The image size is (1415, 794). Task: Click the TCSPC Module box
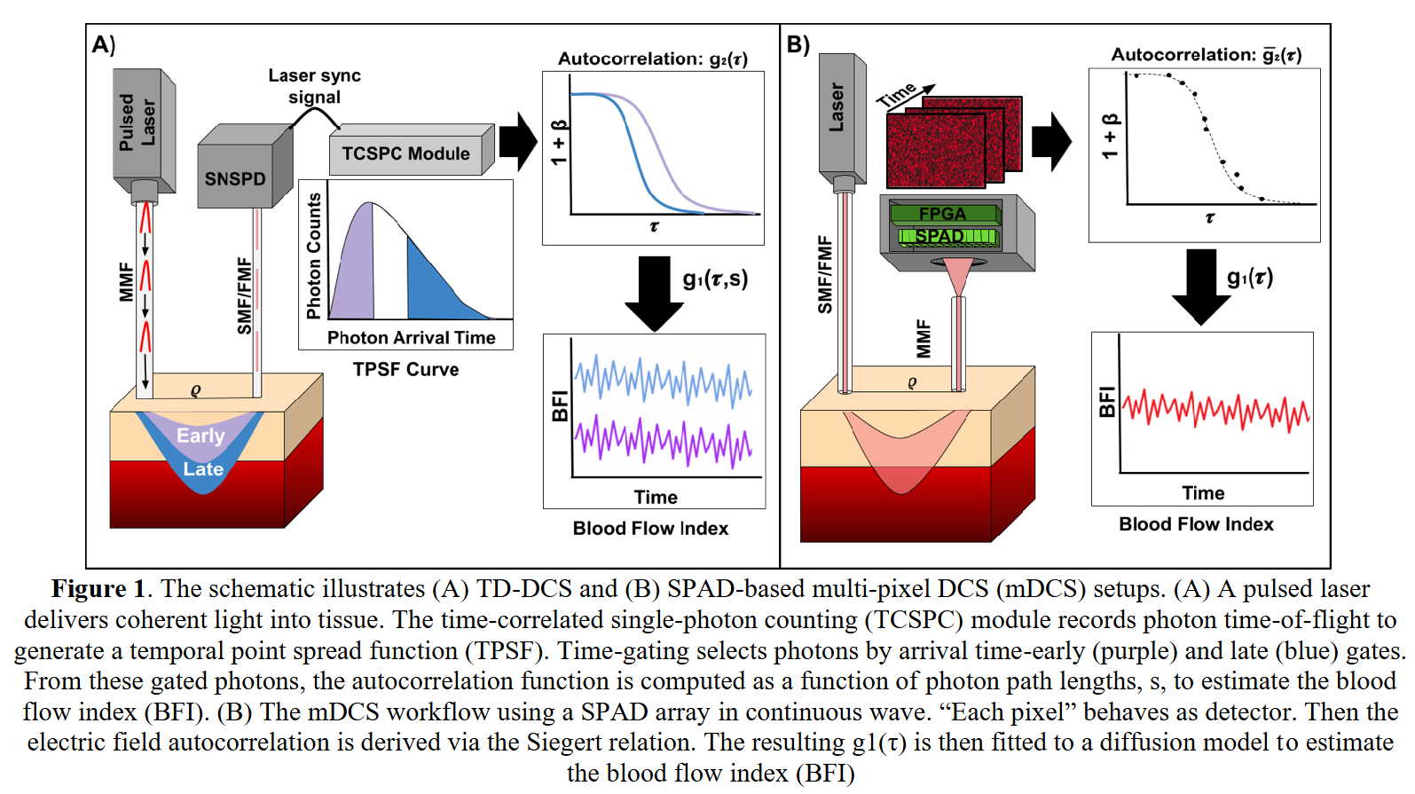[x=406, y=153]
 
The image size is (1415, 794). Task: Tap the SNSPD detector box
[x=235, y=178]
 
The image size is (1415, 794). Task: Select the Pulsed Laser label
[x=138, y=122]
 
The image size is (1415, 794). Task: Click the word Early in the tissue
[x=200, y=436]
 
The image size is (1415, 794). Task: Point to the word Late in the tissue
[x=203, y=469]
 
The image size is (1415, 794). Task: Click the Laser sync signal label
[x=315, y=86]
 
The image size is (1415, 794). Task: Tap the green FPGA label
[x=942, y=214]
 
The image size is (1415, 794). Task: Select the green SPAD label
[x=939, y=236]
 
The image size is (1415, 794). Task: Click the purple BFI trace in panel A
[x=663, y=440]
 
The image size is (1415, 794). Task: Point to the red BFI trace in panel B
[x=1215, y=409]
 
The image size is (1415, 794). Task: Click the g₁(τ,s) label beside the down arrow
[x=715, y=279]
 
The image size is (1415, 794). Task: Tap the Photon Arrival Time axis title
[x=411, y=338]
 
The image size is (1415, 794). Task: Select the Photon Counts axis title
[x=314, y=256]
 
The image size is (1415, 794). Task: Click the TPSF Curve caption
[x=405, y=370]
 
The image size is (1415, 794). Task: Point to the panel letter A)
[x=104, y=44]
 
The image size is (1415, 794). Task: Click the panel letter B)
[x=798, y=44]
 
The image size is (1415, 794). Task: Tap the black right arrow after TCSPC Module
[x=518, y=141]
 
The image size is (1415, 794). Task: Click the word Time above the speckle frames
[x=896, y=94]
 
